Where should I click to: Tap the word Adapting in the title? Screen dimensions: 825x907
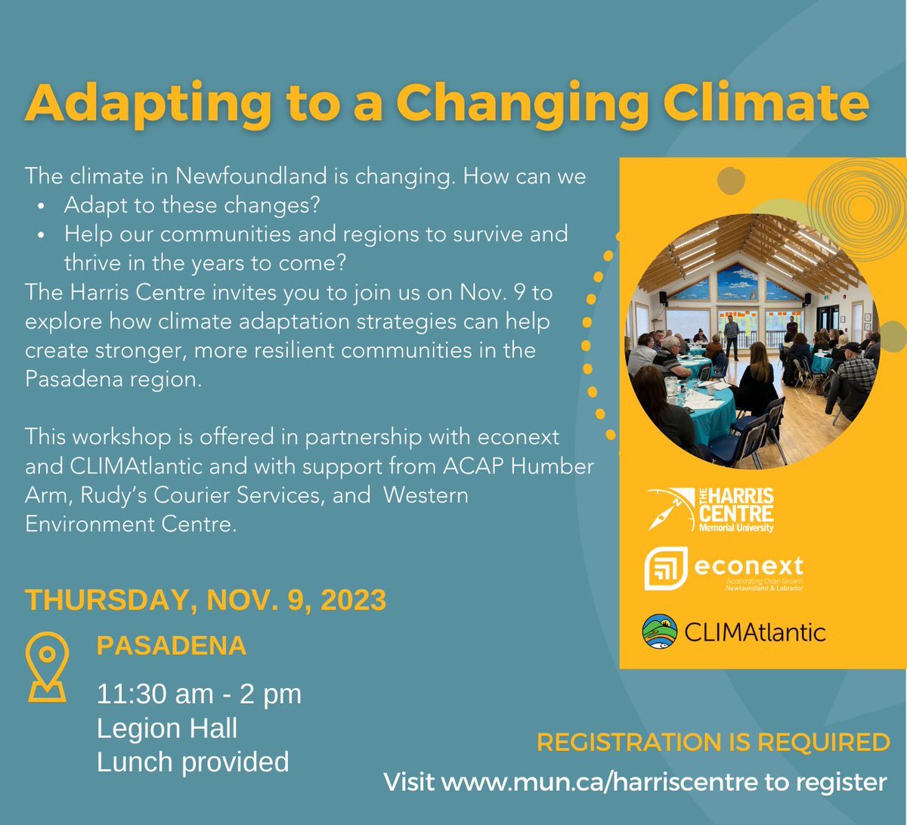pyautogui.click(x=148, y=104)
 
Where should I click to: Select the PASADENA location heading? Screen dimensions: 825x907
pyautogui.click(x=172, y=646)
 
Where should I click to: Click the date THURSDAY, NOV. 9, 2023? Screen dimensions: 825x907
pyautogui.click(x=206, y=600)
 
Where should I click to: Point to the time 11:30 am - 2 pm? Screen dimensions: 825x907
pyautogui.click(x=199, y=693)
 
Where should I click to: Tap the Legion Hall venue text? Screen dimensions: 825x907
pyautogui.click(x=167, y=728)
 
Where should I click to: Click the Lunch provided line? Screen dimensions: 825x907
pyautogui.click(x=193, y=762)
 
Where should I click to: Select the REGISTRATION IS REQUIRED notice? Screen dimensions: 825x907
pyautogui.click(x=713, y=743)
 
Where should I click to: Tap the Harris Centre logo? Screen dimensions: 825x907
pyautogui.click(x=711, y=510)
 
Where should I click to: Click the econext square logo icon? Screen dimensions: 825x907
pyautogui.click(x=665, y=569)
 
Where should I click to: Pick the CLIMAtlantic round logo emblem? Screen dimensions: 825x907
pyautogui.click(x=659, y=632)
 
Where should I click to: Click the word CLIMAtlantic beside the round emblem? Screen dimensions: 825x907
pyautogui.click(x=754, y=632)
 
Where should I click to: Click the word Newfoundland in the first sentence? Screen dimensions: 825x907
pyautogui.click(x=252, y=177)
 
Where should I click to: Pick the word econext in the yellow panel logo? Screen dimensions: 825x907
pyautogui.click(x=748, y=566)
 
